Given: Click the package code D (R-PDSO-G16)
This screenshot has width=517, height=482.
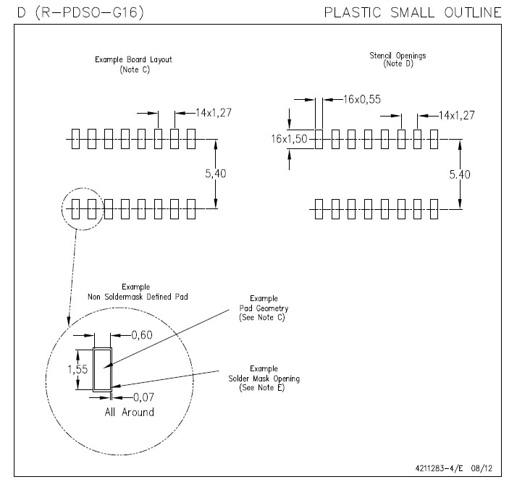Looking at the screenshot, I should point(69,12).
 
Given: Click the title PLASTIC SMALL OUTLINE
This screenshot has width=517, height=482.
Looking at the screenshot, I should point(413,12).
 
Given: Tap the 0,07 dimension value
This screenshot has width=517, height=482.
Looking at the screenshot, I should point(145,397).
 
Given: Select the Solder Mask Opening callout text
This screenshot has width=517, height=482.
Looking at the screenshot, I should point(269,379).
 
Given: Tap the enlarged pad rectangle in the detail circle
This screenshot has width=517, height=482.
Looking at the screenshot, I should point(103,369).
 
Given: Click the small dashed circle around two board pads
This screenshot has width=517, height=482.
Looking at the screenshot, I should point(82,210).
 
